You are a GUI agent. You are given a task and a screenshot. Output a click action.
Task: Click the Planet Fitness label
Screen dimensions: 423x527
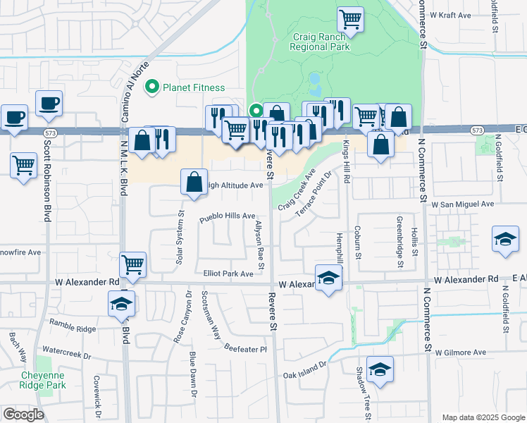tap(193, 87)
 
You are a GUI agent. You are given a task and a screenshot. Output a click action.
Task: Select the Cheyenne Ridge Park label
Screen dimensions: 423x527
tap(44, 381)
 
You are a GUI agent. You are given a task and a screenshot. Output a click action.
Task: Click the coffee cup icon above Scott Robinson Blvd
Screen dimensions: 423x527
tap(49, 103)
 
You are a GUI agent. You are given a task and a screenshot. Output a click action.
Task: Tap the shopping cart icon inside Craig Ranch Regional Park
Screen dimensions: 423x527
tap(350, 20)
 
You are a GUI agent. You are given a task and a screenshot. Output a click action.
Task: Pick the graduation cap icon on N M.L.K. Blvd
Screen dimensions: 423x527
tap(121, 304)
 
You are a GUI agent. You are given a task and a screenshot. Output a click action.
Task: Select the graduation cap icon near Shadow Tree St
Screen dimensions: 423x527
tap(380, 369)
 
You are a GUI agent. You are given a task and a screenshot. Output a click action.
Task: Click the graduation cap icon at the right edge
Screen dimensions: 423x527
tap(505, 239)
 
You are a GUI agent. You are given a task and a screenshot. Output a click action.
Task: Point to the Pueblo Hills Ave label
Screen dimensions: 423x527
tap(226, 216)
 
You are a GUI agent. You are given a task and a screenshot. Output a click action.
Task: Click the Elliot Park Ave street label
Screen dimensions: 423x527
tap(228, 274)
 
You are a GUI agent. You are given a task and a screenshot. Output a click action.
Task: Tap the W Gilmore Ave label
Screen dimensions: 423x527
tap(461, 352)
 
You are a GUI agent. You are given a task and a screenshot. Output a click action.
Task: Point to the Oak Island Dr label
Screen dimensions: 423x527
tap(306, 370)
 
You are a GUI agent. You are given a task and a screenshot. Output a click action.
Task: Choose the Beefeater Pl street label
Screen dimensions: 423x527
tap(246, 349)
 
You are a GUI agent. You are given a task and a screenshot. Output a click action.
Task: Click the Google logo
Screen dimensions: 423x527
tap(23, 415)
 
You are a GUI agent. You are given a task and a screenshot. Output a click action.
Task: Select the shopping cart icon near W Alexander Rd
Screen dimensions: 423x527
tap(132, 264)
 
